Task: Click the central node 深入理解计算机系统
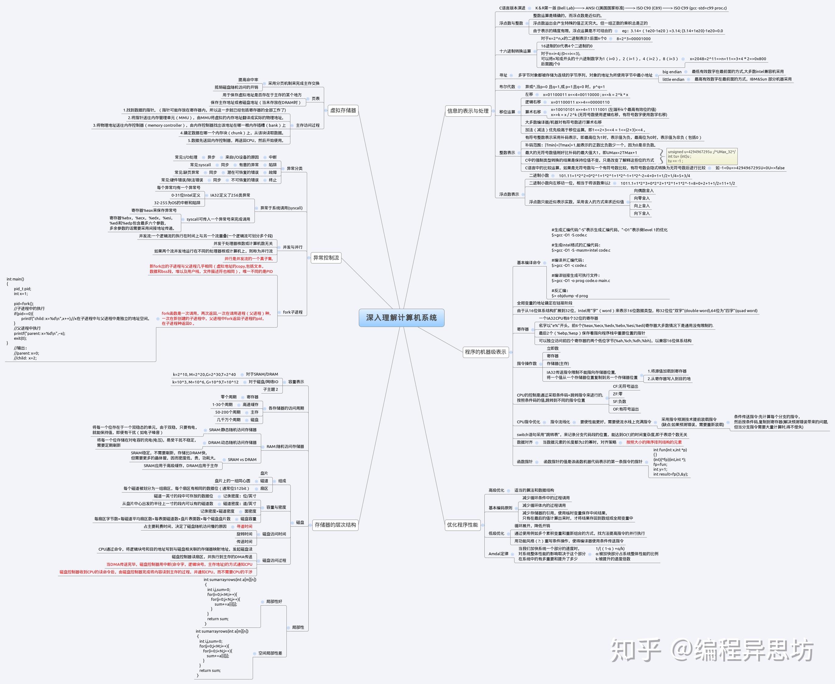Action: click(401, 318)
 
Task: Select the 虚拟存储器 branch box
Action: click(343, 110)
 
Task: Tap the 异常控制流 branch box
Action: click(326, 258)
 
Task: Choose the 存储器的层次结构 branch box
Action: click(335, 525)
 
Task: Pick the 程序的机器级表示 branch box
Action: click(485, 352)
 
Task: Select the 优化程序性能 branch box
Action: click(462, 525)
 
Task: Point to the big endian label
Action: click(672, 72)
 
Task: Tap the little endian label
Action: click(673, 79)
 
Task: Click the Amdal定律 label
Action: click(498, 554)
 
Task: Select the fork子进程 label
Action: click(293, 312)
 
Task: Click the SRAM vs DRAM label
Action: click(242, 459)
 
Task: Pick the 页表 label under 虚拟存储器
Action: click(315, 98)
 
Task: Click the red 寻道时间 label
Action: click(244, 526)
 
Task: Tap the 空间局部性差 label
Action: click(270, 653)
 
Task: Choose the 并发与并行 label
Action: click(293, 247)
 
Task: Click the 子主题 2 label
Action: click(270, 389)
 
